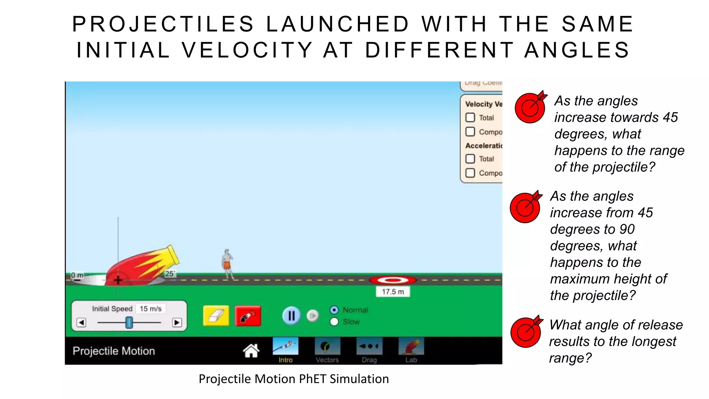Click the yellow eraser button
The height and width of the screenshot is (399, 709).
tap(216, 316)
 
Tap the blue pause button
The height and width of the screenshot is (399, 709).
tap(291, 316)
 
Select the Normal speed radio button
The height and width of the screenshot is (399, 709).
tap(334, 310)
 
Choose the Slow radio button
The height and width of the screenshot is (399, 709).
tap(334, 322)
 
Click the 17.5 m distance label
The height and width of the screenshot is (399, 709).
tap(393, 292)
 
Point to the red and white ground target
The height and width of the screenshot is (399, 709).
tap(393, 280)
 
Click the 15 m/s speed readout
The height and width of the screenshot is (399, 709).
tap(151, 309)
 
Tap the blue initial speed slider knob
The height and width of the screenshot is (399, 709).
tap(129, 322)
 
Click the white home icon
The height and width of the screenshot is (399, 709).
tap(251, 351)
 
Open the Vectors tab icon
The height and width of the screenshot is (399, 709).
tap(327, 346)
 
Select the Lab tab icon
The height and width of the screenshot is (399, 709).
tap(411, 346)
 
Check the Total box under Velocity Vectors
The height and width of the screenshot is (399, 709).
tap(470, 118)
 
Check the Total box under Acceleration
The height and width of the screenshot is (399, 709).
tap(470, 159)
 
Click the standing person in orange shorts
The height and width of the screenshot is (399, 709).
tap(227, 264)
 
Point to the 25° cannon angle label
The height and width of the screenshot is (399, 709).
tap(169, 274)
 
